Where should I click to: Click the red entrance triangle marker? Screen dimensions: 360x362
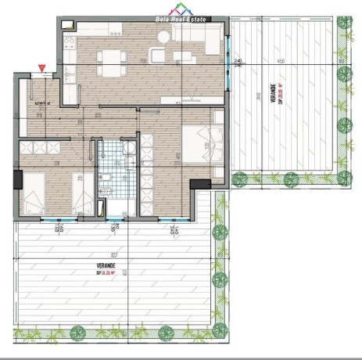40,70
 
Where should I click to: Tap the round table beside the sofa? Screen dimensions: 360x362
157,56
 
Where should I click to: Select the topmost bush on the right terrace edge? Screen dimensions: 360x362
343,23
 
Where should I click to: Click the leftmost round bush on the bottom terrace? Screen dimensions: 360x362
77,333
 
